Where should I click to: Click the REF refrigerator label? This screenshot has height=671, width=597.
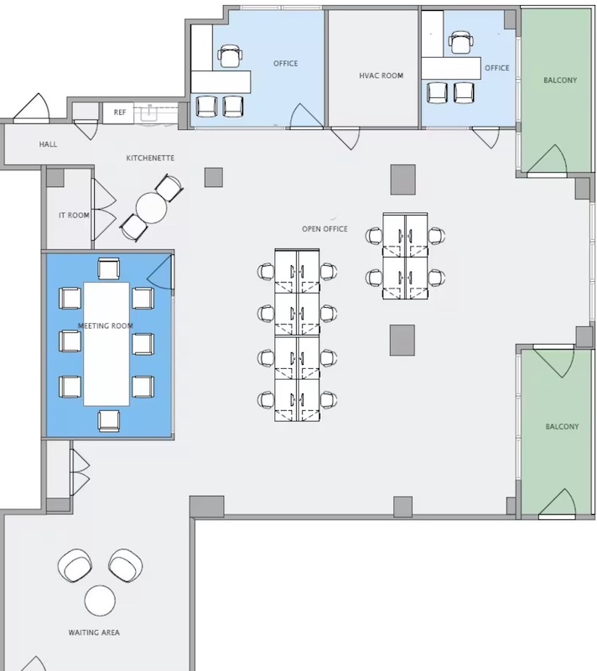(x=120, y=112)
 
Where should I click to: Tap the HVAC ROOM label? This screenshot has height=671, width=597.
(x=381, y=75)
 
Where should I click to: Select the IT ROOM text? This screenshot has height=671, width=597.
(x=74, y=216)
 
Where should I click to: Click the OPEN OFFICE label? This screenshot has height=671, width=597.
(x=324, y=229)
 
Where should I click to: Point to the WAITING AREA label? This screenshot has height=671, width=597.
(x=94, y=632)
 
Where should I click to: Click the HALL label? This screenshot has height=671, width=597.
(x=48, y=144)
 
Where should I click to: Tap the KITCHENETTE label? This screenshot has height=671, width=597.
(x=150, y=158)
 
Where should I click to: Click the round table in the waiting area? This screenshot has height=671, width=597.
(x=100, y=601)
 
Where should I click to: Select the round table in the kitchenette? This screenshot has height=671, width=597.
(x=152, y=208)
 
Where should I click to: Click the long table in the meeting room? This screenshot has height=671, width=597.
(x=106, y=344)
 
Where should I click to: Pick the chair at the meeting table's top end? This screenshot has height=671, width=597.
(x=109, y=269)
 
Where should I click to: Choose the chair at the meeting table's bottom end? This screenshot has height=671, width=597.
(x=109, y=420)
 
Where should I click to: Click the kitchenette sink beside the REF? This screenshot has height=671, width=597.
(x=150, y=113)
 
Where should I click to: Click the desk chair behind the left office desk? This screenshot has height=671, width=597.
(x=230, y=56)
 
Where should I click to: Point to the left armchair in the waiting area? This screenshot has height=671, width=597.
(x=75, y=565)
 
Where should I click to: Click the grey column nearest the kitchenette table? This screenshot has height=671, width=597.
(x=214, y=177)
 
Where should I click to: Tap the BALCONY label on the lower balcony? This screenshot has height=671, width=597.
(x=562, y=427)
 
